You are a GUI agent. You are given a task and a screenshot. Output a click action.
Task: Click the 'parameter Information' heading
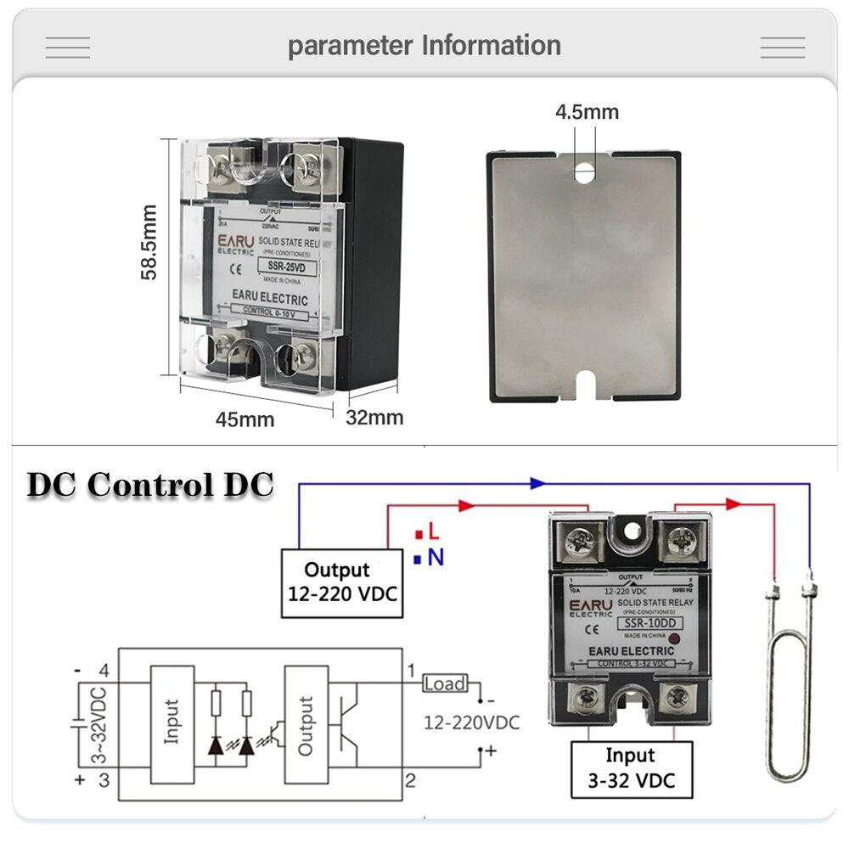coord(424,45)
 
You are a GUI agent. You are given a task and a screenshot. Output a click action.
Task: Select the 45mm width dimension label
coord(245,419)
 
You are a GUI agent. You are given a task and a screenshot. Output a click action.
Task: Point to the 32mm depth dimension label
coord(374,418)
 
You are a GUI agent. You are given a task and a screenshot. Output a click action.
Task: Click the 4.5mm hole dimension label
coord(587,111)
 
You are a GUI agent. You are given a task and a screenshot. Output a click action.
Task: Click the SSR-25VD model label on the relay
coord(285,270)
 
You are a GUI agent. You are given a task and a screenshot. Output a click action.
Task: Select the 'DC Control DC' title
coord(150,485)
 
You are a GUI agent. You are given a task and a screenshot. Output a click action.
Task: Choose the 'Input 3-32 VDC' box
coord(630,767)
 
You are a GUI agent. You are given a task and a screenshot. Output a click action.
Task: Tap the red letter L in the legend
coord(433,532)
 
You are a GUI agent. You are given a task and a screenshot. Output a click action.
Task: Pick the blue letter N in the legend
coord(436,558)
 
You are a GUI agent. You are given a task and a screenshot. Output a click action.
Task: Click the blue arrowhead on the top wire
coord(537,483)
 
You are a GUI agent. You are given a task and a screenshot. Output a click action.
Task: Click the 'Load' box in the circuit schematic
coord(444,683)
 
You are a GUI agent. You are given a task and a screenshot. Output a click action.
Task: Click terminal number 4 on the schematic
coord(104,671)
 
